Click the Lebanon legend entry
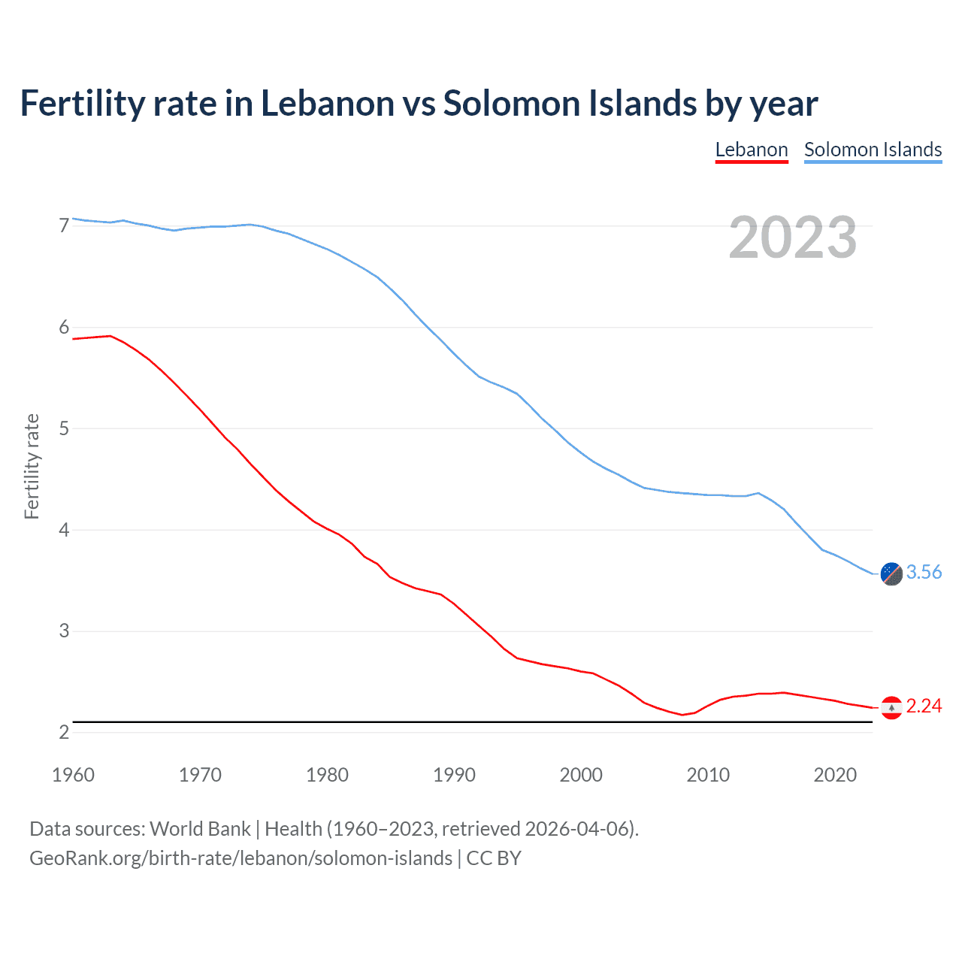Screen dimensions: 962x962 point(751,150)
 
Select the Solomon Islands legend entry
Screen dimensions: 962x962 point(873,150)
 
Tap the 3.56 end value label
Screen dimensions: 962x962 point(924,573)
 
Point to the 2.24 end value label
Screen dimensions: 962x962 point(924,706)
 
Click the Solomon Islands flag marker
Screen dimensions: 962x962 point(891,573)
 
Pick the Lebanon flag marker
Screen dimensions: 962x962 point(891,707)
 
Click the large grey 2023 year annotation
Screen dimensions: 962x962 point(793,238)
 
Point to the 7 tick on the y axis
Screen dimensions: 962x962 point(64,225)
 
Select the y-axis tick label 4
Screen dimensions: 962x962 point(64,530)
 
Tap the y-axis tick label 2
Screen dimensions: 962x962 point(64,732)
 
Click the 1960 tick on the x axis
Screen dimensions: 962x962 point(73,775)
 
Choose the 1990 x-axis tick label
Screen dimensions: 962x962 point(454,775)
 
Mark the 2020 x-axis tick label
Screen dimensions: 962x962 point(835,775)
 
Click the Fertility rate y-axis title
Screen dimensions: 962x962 point(32,466)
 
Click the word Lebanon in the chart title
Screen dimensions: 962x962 point(327,103)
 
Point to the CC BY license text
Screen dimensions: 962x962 point(494,858)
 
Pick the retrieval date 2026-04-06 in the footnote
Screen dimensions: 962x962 point(576,829)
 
